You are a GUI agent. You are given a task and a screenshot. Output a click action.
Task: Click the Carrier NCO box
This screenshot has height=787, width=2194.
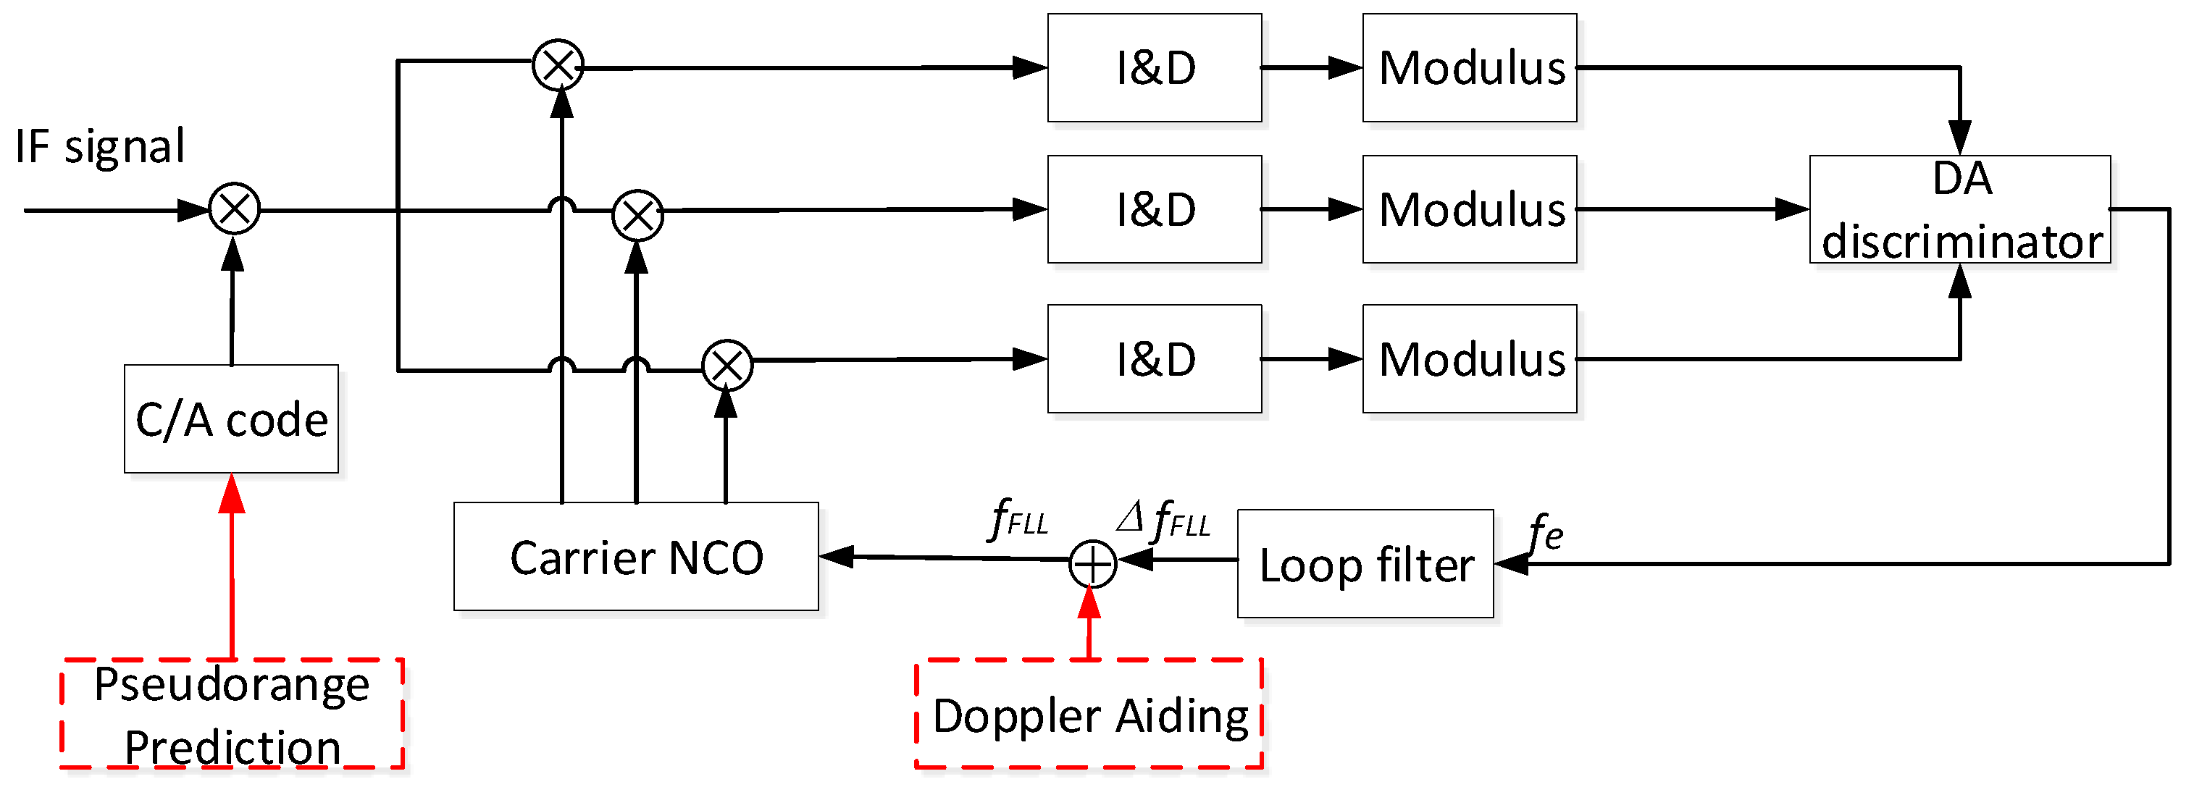coord(635,557)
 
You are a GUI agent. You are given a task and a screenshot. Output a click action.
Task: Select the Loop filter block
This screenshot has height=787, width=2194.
coord(1365,564)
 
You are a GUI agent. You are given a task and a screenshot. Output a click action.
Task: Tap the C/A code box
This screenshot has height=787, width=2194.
coord(231,419)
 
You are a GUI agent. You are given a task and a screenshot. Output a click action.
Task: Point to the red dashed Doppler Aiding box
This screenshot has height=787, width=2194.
coord(1088,714)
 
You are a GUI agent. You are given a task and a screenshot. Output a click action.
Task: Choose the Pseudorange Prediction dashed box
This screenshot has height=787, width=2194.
coord(231,714)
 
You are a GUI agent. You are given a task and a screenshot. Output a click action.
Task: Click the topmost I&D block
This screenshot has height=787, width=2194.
coord(1154,67)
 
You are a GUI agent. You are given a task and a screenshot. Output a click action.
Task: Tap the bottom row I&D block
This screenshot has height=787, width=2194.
coord(1154,358)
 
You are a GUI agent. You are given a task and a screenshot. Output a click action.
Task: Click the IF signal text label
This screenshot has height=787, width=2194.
coord(100,146)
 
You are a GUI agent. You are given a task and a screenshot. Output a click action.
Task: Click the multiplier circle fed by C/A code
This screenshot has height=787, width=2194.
coord(234,209)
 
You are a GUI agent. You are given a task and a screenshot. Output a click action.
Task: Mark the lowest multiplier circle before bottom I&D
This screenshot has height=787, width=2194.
coord(727,366)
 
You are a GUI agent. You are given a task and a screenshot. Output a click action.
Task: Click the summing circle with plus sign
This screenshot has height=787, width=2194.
coord(1092,564)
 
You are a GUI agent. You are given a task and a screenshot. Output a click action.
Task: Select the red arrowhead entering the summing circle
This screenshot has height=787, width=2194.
coord(1089,602)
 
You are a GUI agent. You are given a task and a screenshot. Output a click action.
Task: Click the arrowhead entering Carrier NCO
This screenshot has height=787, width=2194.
coord(837,556)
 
